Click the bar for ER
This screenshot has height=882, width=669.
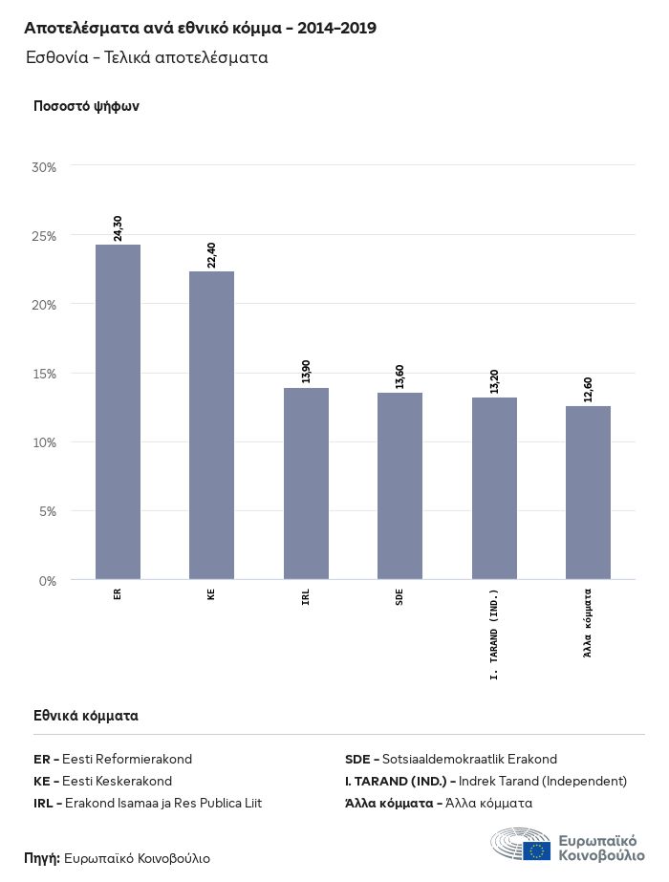point(118,412)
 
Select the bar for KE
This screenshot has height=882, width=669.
point(211,425)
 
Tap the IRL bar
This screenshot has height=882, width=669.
point(306,484)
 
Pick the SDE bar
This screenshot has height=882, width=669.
point(399,485)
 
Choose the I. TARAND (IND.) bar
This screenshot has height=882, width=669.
point(494,488)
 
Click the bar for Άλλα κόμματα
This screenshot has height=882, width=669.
point(588,492)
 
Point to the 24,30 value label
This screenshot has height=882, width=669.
point(118,228)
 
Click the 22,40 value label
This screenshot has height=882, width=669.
point(211,255)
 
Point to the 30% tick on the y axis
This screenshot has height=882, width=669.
point(45,167)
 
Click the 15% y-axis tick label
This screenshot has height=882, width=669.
point(45,374)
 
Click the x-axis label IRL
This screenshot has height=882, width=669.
point(306,600)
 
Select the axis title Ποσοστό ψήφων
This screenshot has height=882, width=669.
point(86,106)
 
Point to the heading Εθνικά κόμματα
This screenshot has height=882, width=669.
point(86,715)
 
